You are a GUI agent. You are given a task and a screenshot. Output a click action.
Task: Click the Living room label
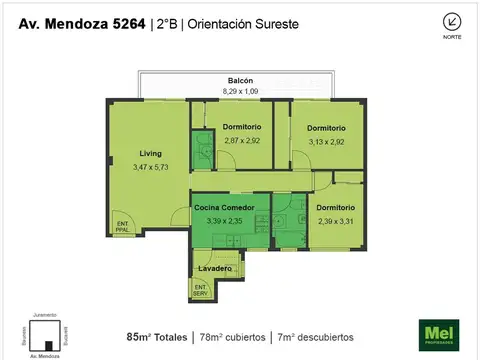point(150,153)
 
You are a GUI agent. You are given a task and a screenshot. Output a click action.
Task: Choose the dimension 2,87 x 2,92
point(243,141)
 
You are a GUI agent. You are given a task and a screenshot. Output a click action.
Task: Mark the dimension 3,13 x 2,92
point(326,141)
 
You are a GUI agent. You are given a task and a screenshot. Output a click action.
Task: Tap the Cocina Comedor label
point(231,208)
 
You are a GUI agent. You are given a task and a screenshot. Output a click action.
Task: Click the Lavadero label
point(215,269)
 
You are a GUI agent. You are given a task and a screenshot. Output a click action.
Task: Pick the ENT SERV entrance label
point(201,290)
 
